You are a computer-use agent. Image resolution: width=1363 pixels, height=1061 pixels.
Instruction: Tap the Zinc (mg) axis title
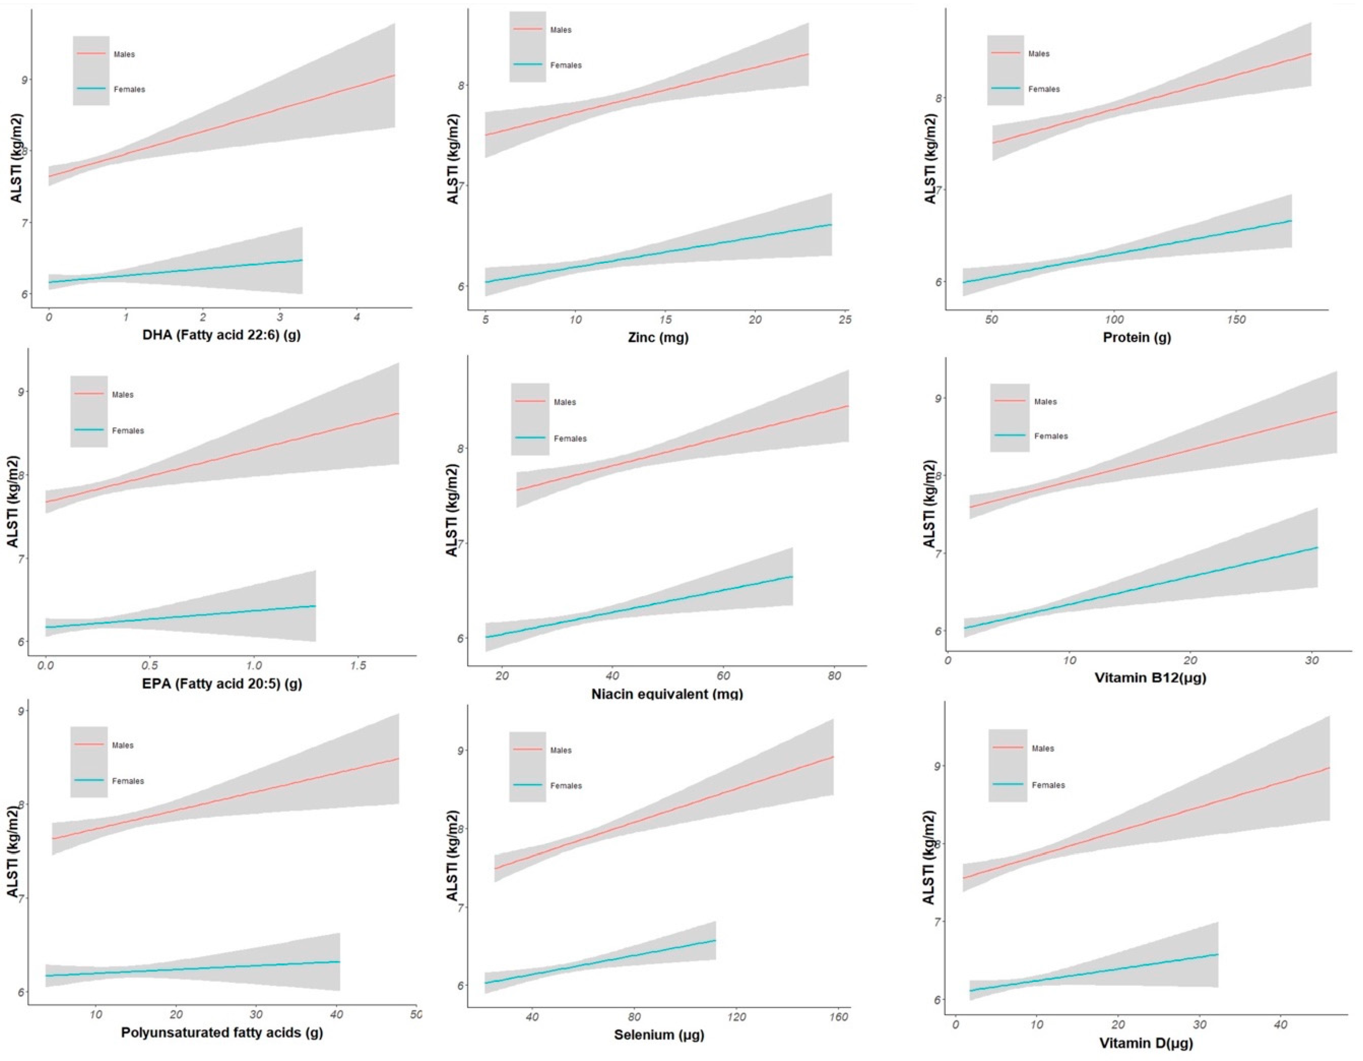tap(658, 338)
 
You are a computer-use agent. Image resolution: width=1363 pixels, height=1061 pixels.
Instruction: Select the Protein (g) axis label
tap(1137, 338)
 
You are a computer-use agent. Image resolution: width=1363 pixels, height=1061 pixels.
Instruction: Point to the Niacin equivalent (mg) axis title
tap(666, 693)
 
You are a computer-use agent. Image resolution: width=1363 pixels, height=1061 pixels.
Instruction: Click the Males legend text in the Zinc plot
tap(560, 30)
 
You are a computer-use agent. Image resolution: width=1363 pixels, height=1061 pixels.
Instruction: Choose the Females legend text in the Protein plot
tap(1044, 89)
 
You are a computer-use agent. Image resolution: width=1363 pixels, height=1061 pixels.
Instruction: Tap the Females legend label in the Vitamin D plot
tap(1048, 785)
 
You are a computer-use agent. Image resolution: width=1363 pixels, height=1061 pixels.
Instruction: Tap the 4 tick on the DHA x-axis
tap(357, 318)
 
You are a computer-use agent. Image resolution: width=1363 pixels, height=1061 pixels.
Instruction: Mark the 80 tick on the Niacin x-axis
tap(834, 676)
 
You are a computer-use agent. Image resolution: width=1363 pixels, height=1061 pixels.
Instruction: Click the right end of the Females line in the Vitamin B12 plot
tap(1317, 548)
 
